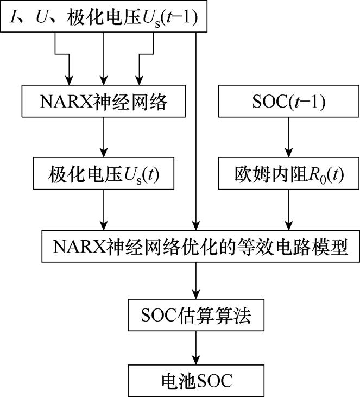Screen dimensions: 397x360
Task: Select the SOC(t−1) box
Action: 288,102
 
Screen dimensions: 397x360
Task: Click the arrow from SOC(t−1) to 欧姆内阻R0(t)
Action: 288,138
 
